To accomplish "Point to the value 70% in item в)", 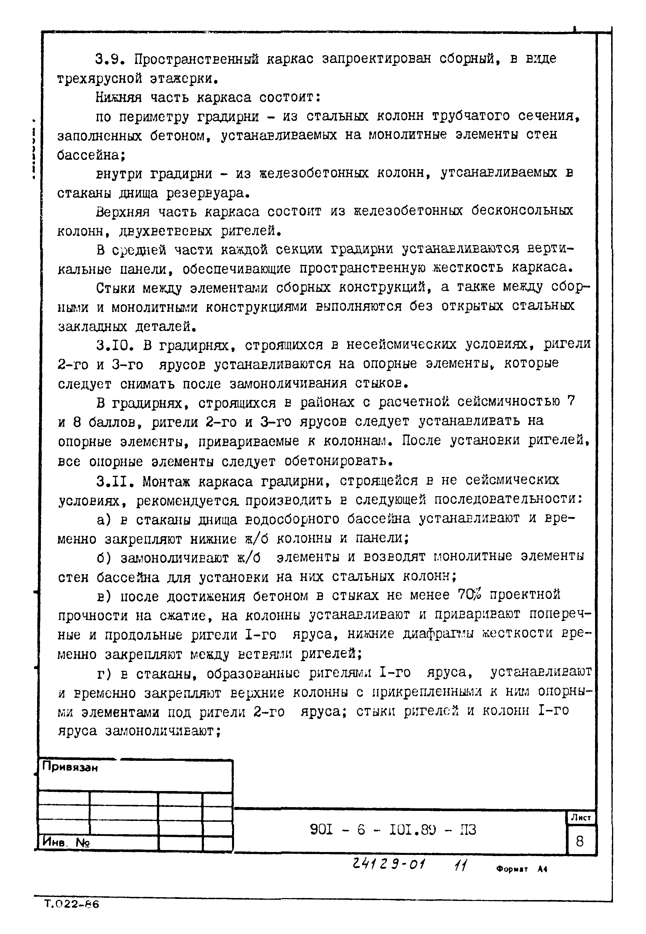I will coord(469,595).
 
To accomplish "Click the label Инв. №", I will coord(66,843).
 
